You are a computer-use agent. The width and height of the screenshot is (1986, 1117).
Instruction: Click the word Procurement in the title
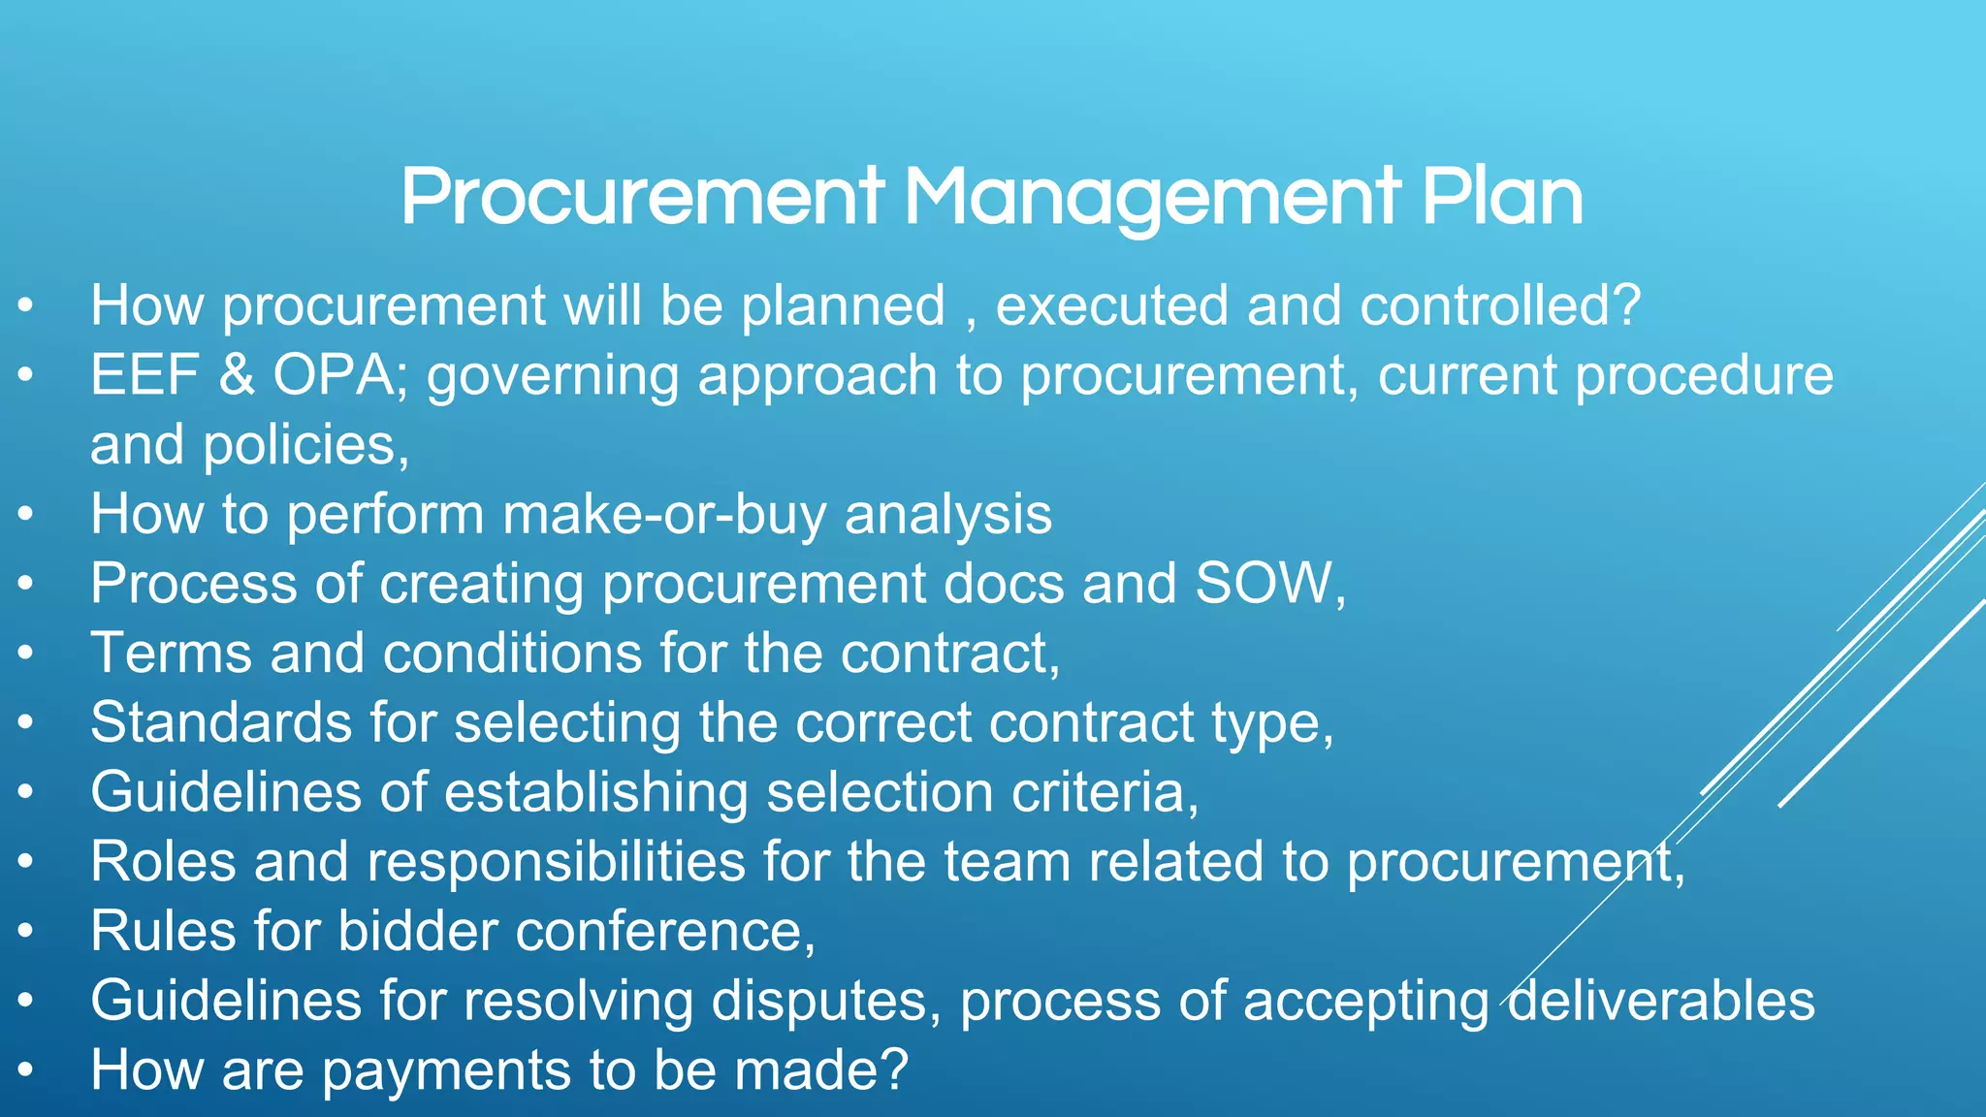coord(642,197)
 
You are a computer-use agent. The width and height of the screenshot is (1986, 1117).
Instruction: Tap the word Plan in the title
coord(1502,197)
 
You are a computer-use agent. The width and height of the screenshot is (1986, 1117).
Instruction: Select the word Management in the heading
coord(1152,199)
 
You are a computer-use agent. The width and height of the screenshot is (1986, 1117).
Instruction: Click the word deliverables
coord(1661,1001)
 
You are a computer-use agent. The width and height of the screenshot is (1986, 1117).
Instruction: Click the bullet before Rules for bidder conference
coord(26,931)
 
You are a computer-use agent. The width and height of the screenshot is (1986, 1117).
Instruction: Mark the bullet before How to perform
coord(26,514)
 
